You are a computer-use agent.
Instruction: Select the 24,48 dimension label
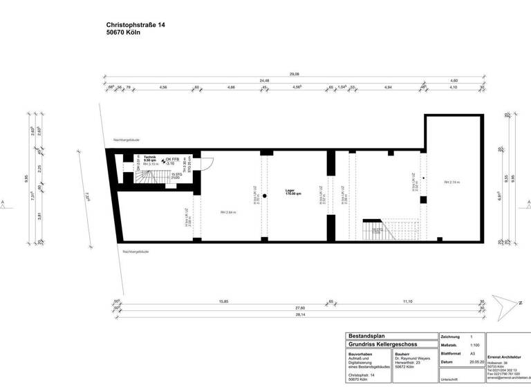coord(264,80)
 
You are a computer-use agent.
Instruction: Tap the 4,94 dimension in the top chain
coord(388,88)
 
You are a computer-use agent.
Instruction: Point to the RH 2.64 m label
coord(228,212)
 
